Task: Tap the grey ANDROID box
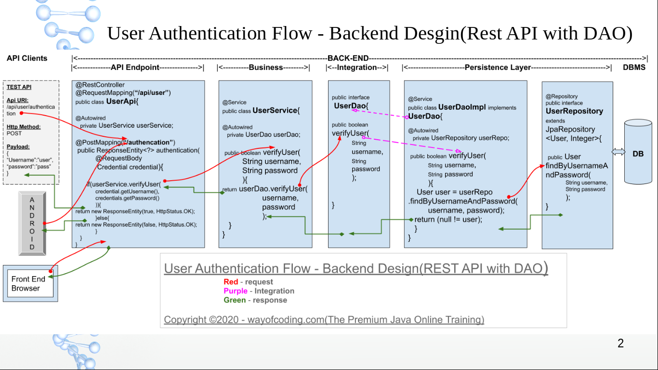pos(32,223)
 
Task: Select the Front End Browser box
pos(30,283)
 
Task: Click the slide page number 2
pos(620,344)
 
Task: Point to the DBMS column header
pos(634,67)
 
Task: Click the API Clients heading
pos(27,58)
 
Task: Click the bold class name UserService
pos(275,110)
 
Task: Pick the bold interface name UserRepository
pos(574,111)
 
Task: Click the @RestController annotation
pos(100,85)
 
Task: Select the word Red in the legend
pos(231,282)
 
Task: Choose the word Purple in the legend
pos(235,291)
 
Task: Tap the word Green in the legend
pos(234,300)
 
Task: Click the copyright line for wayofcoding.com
pos(324,319)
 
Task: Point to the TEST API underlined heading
pos(19,87)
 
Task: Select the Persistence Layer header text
pos(498,67)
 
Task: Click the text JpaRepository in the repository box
pos(570,129)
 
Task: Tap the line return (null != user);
pos(448,220)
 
